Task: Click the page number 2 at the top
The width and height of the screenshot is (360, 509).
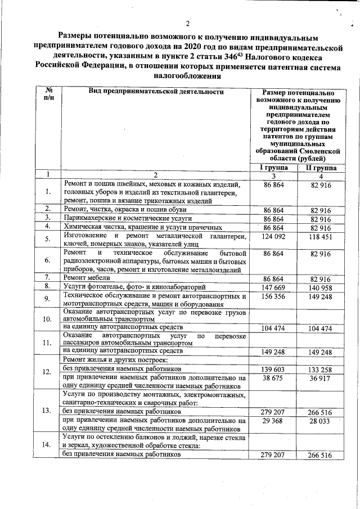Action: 187,23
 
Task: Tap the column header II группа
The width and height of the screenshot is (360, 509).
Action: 321,168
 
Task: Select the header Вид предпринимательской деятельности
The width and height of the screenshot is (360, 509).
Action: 156,91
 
